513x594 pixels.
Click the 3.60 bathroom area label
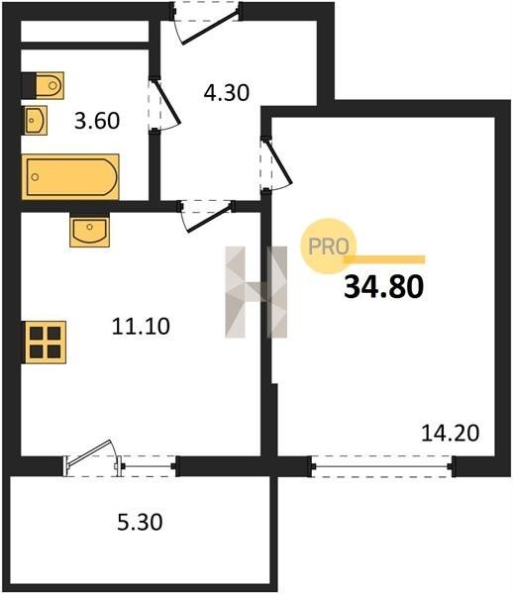(97, 121)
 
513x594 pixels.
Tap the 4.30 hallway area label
(227, 93)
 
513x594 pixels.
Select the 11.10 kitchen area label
(141, 326)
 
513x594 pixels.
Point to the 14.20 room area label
(450, 433)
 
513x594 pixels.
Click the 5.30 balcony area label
(141, 522)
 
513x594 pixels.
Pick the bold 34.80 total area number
(383, 287)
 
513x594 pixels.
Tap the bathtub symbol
(70, 176)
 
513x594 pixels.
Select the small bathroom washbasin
(36, 121)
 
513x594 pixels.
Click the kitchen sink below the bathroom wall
(89, 230)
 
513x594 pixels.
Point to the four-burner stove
(46, 343)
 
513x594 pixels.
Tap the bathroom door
(163, 104)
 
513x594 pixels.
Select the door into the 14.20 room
(276, 163)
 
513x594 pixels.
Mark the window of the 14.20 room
(382, 466)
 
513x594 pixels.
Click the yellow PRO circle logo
(329, 247)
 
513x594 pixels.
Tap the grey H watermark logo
(256, 292)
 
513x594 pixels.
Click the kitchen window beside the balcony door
(149, 466)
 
